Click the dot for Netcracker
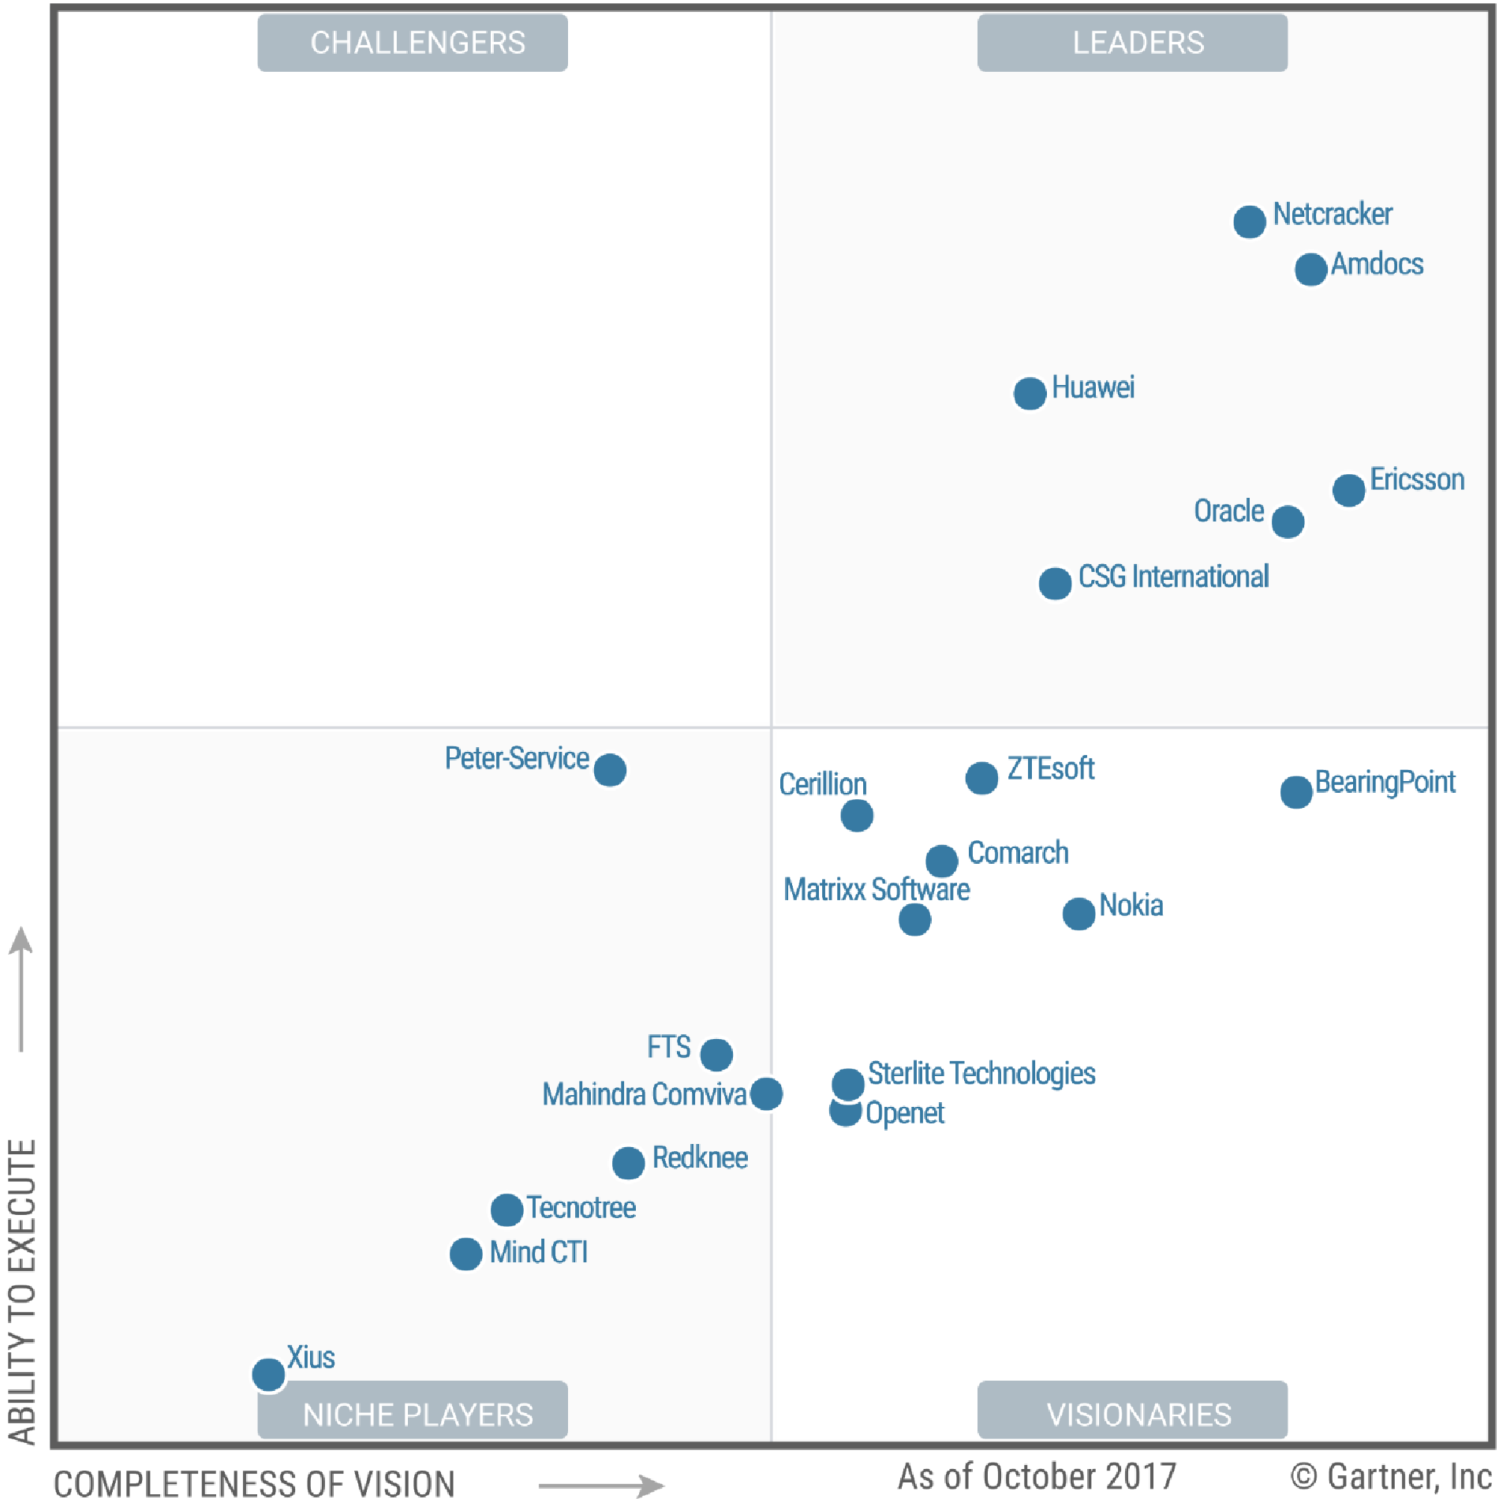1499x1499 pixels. coord(1249,222)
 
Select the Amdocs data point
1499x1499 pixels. coord(1310,270)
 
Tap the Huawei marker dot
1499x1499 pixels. coord(1030,393)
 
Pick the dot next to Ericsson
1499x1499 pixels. coord(1348,490)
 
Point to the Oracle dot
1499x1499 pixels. coord(1288,521)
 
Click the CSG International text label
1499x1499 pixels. coord(1173,577)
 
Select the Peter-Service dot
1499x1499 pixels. coord(610,769)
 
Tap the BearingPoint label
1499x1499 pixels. coord(1385,782)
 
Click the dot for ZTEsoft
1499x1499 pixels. coord(981,778)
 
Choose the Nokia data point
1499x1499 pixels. coord(1078,914)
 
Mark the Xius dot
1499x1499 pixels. coord(268,1374)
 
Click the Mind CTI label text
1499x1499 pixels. coord(539,1252)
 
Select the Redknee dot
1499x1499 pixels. coord(628,1162)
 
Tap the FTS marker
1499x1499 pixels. coord(716,1054)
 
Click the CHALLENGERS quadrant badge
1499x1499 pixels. coord(413,43)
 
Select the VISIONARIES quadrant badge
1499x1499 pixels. coord(1132,1414)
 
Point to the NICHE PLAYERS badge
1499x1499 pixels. coord(413,1414)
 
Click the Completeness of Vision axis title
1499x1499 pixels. coord(254,1482)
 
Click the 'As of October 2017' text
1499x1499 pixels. coord(1037,1475)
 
